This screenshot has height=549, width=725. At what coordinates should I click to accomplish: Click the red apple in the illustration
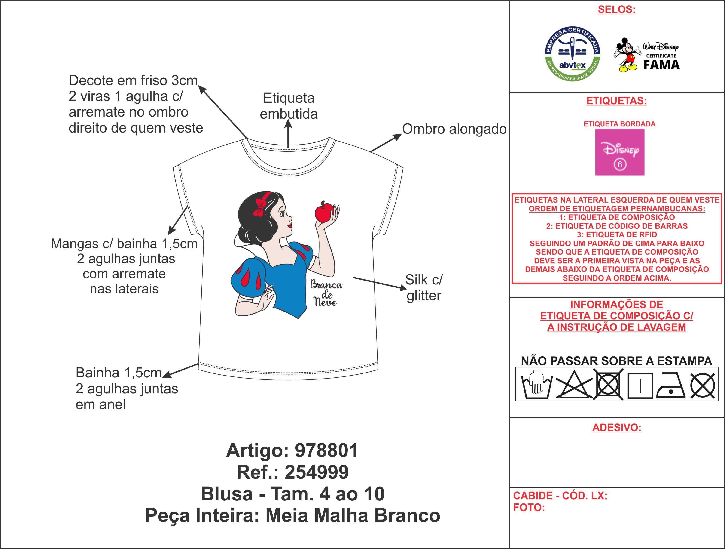click(x=324, y=213)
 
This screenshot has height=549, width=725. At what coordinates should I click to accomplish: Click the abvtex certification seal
click(x=572, y=54)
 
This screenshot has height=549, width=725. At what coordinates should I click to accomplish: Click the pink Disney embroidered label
click(x=619, y=152)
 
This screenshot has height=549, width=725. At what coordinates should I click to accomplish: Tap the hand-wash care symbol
click(x=536, y=385)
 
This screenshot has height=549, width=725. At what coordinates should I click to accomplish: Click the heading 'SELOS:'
click(x=616, y=9)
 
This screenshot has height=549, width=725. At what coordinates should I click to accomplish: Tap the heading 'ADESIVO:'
click(x=616, y=428)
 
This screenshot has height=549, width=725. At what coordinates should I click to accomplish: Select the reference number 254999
click(x=317, y=472)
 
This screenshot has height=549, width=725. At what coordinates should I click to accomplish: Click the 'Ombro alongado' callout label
click(x=454, y=129)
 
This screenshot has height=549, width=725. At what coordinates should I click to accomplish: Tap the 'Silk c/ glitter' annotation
click(x=424, y=287)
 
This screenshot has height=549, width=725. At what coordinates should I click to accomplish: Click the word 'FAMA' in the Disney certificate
click(x=661, y=65)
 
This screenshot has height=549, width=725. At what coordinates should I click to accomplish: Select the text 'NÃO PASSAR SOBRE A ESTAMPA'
click(x=616, y=361)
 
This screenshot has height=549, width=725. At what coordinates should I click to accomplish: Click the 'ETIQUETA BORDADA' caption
click(x=619, y=124)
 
